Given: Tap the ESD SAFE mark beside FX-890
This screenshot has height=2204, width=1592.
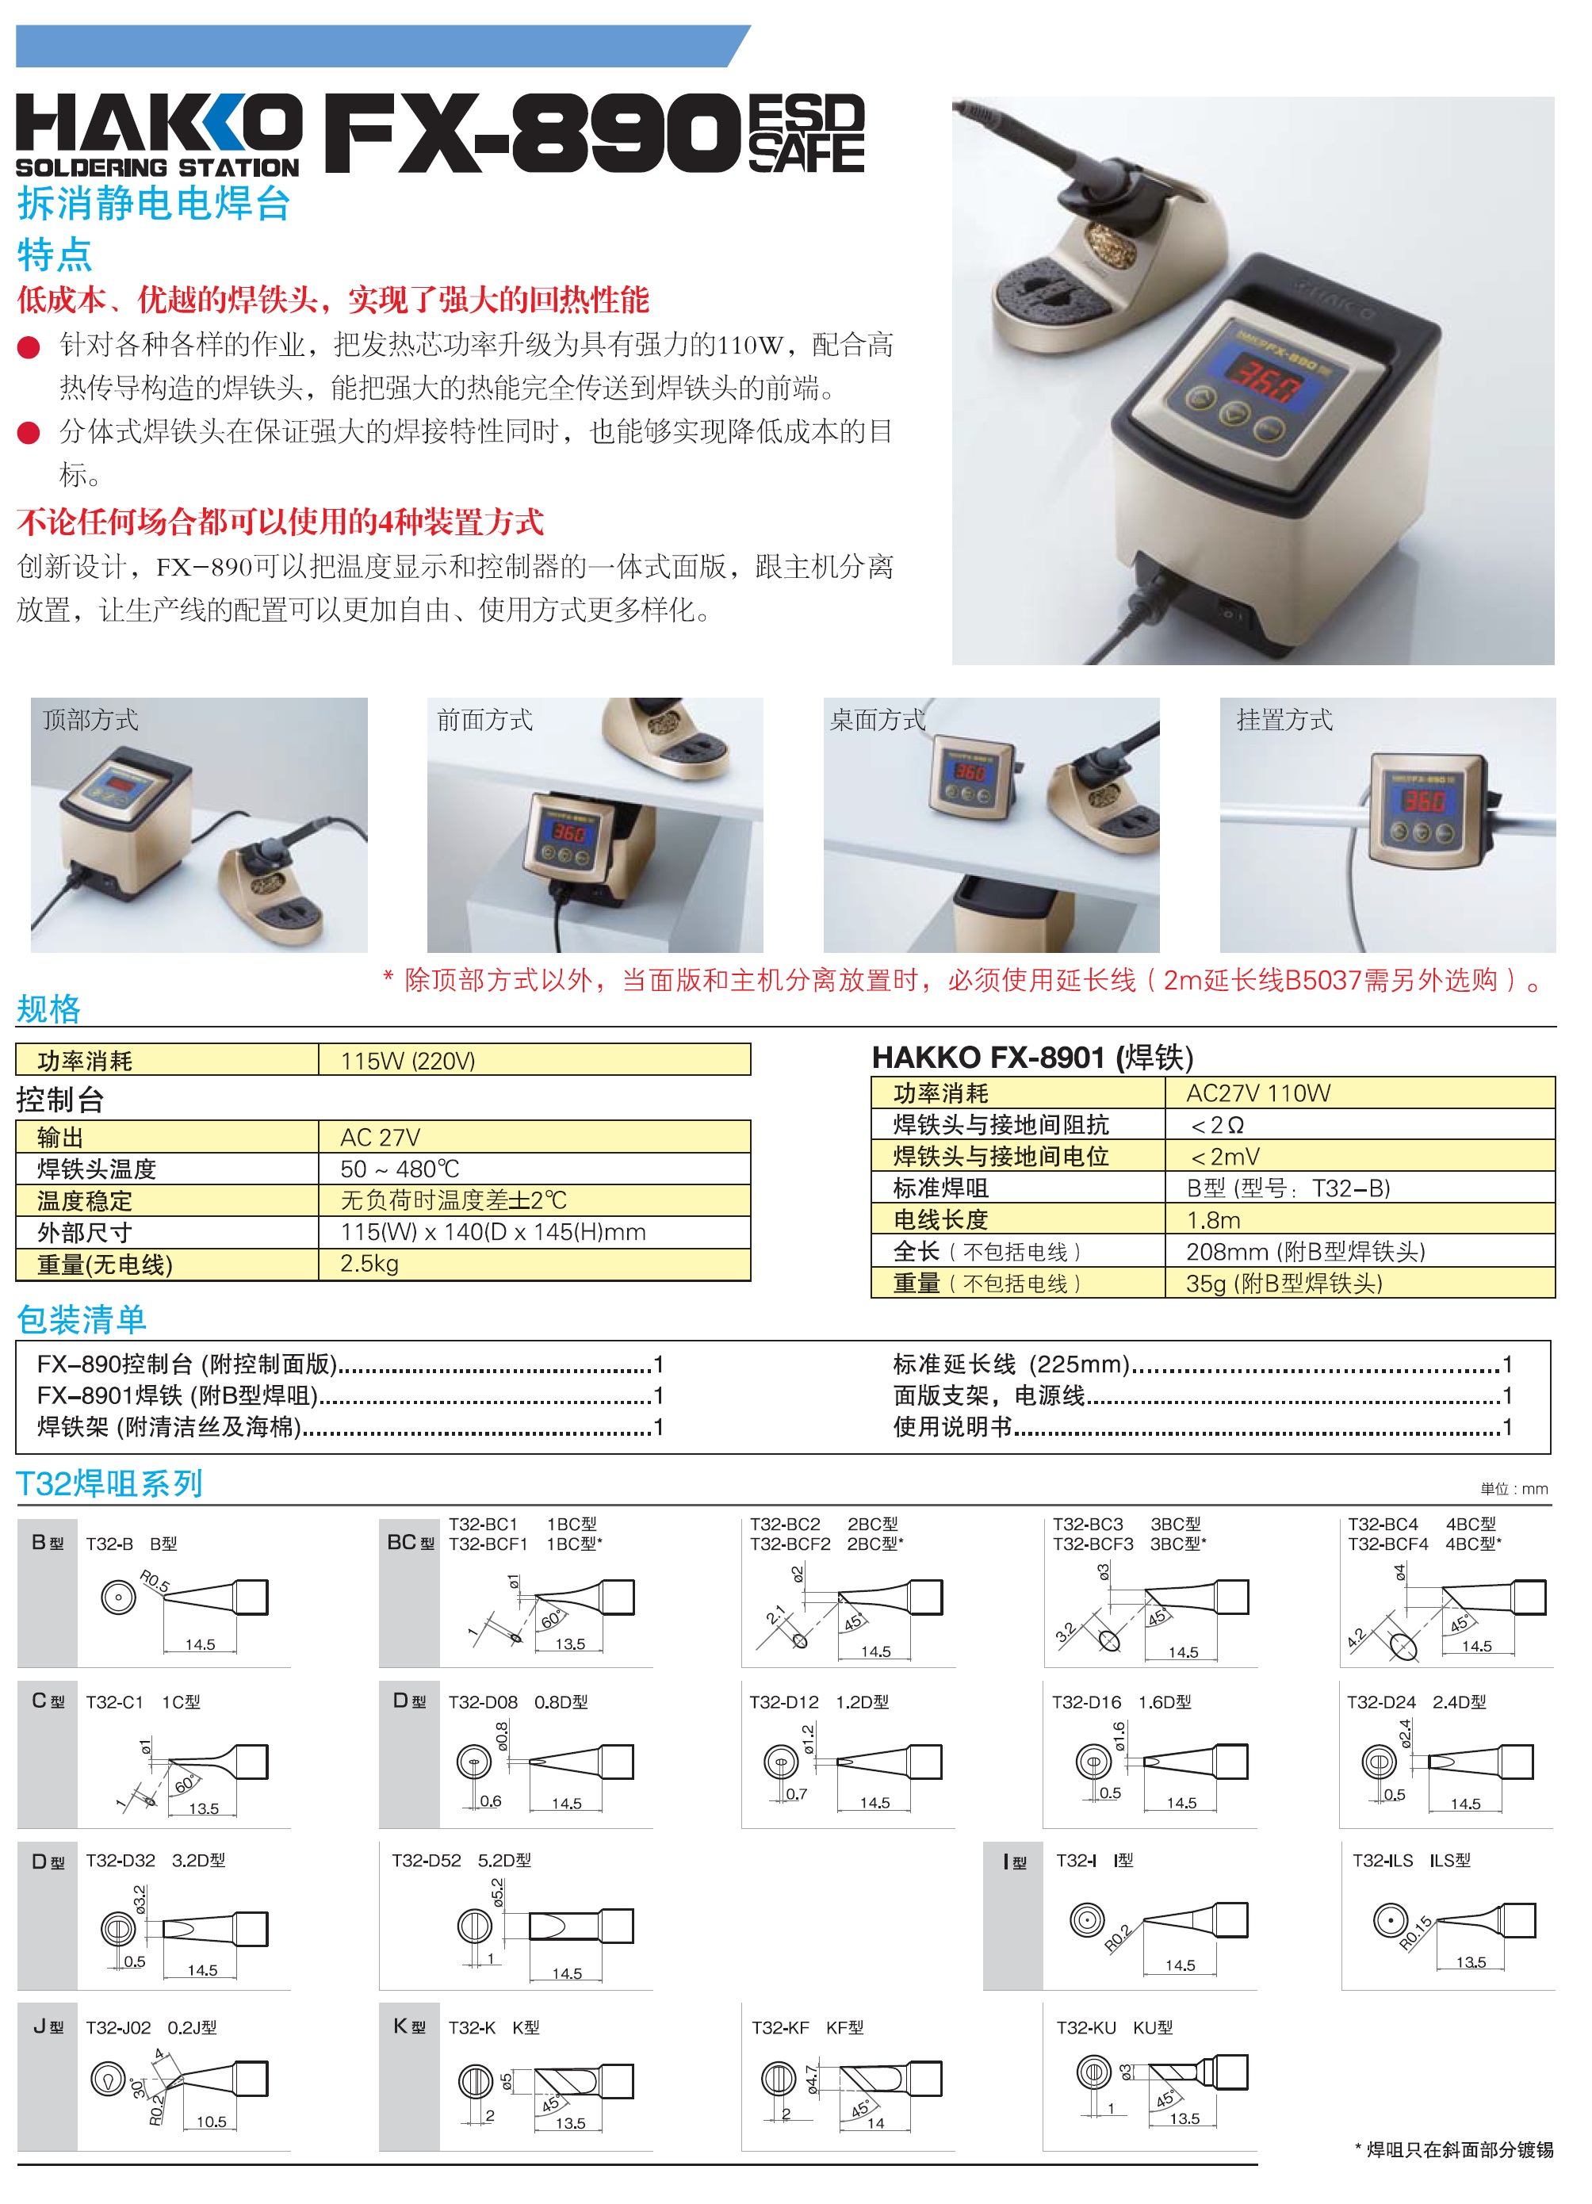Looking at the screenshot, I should (806, 133).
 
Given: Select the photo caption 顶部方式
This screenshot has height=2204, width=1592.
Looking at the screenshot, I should (90, 720).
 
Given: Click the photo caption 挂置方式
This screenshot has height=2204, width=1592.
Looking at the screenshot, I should (1284, 720).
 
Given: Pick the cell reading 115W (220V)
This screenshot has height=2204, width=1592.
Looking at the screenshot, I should (408, 1060).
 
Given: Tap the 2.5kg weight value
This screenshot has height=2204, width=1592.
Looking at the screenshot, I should (369, 1263).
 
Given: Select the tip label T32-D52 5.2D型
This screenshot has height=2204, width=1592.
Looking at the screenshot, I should (461, 1860).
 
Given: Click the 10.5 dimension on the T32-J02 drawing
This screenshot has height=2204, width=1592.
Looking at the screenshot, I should (211, 2122).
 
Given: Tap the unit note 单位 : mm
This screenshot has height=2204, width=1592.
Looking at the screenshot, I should (1514, 1489).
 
